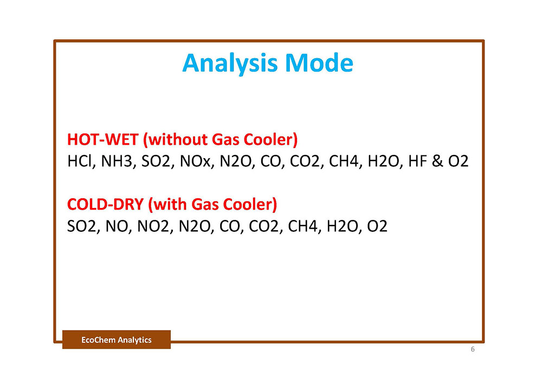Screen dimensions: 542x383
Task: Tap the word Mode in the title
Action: pos(319,63)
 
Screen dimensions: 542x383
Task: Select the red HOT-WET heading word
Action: pos(103,139)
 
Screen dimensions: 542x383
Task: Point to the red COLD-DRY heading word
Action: pos(106,204)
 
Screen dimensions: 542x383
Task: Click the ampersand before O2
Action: pos(437,161)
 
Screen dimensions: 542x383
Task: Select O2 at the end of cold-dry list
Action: pos(377,226)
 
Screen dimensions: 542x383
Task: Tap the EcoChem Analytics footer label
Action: pos(117,340)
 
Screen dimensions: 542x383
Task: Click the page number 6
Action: pos(473,349)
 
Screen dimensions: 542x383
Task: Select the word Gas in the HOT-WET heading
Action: pos(225,139)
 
